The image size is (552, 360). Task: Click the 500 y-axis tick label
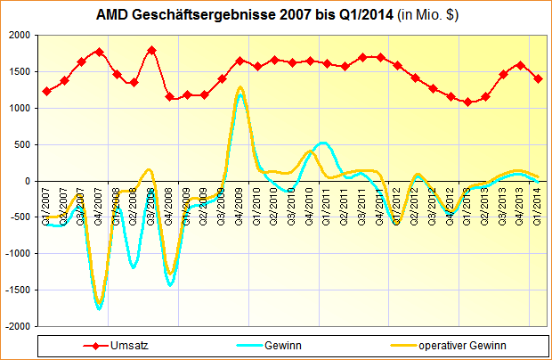[22, 144]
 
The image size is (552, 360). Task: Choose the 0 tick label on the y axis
[28, 181]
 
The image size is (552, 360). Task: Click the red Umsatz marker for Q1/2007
[46, 91]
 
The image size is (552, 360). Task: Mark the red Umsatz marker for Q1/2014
[538, 78]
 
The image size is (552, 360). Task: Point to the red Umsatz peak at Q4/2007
[99, 52]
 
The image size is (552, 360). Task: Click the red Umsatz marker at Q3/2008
[151, 50]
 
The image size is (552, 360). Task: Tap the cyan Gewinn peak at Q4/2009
[239, 95]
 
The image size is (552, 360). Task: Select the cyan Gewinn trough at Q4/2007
[99, 307]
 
